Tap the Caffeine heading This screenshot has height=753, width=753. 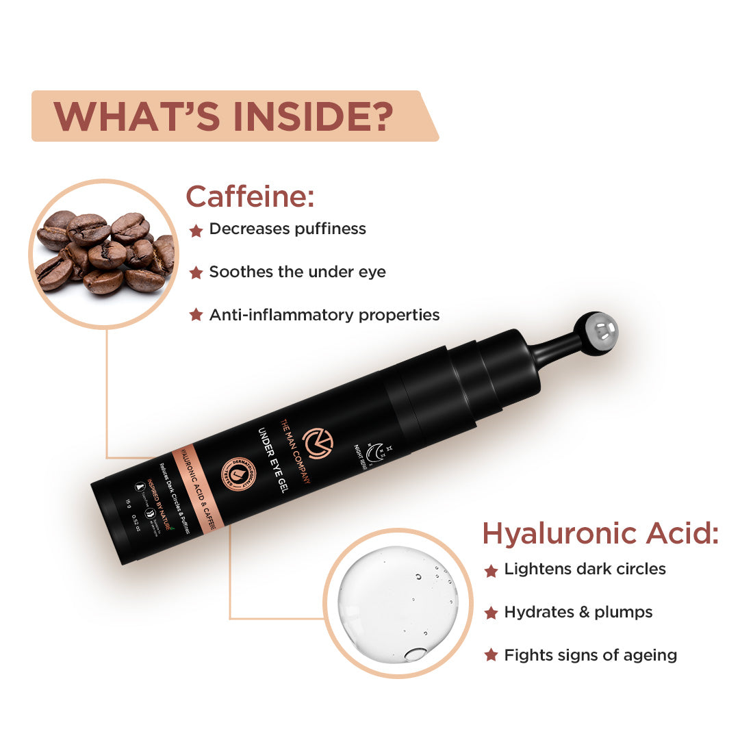pos(250,196)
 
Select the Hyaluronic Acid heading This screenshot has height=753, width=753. pos(600,533)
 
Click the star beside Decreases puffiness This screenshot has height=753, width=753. pos(196,230)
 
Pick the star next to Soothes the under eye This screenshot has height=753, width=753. pos(196,273)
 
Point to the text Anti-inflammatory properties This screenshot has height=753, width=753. pos(324,315)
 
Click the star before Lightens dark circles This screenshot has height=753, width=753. pos(491,570)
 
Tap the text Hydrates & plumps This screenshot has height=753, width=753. pos(578,612)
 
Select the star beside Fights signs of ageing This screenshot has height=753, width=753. pos(491,656)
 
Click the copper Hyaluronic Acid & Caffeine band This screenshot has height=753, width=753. pos(199,490)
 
